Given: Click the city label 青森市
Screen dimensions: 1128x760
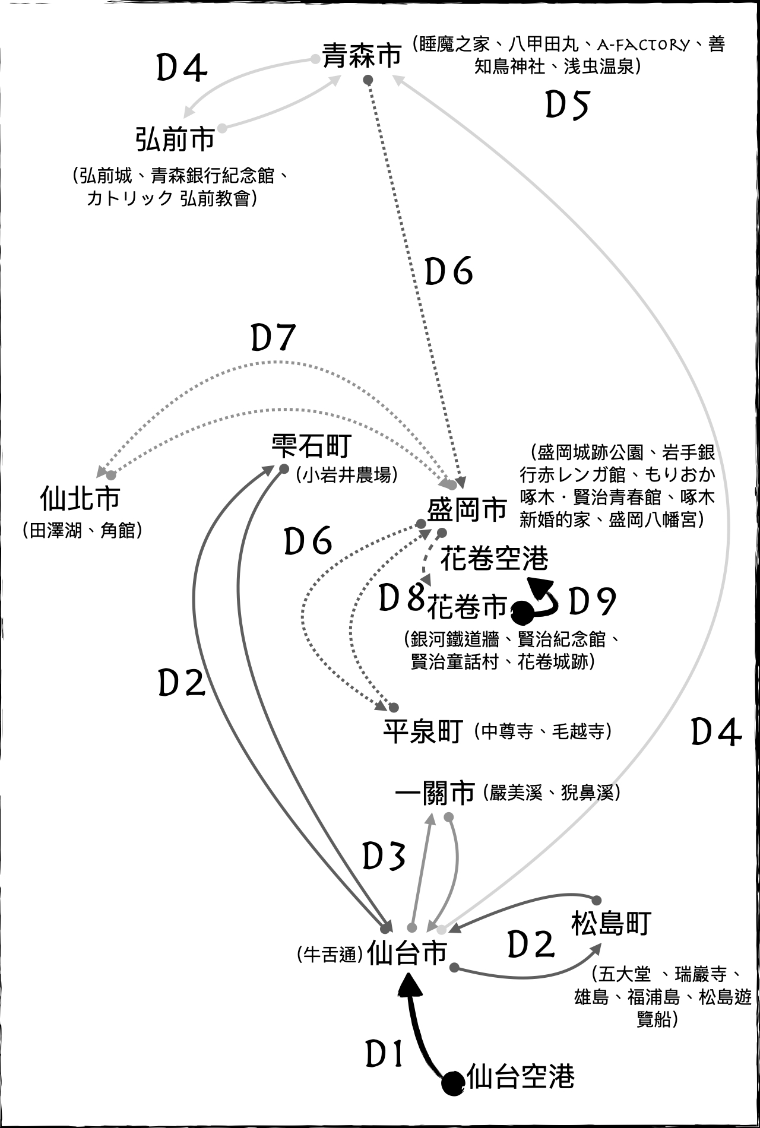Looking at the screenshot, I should coord(362,56).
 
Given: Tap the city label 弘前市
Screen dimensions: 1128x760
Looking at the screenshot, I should coord(175,140).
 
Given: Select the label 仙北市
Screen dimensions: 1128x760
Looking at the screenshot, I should coord(80,499).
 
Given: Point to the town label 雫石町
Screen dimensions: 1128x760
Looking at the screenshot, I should coord(311,446).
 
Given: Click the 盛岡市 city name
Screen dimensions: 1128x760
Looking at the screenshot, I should coord(467,509).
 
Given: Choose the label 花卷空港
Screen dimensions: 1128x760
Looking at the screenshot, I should coord(494,559).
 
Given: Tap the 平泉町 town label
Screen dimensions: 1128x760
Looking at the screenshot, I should coord(423,731).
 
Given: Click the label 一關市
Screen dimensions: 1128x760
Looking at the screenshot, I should coord(435,793).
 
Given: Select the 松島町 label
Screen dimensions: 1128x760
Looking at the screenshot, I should coord(611,923).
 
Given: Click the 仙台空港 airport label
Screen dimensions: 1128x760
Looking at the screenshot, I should coord(521,1076).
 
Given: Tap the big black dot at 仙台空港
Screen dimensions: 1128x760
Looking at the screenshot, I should coord(453,1083).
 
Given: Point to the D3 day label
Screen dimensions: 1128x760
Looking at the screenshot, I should coord(384,857).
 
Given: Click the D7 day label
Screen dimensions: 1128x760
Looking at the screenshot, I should coord(273,338).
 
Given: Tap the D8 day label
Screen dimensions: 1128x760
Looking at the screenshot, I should coord(401,598).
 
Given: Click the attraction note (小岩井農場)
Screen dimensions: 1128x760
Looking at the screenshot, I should coord(346,475).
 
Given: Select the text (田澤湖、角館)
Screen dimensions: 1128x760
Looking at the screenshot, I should coord(83,530).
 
